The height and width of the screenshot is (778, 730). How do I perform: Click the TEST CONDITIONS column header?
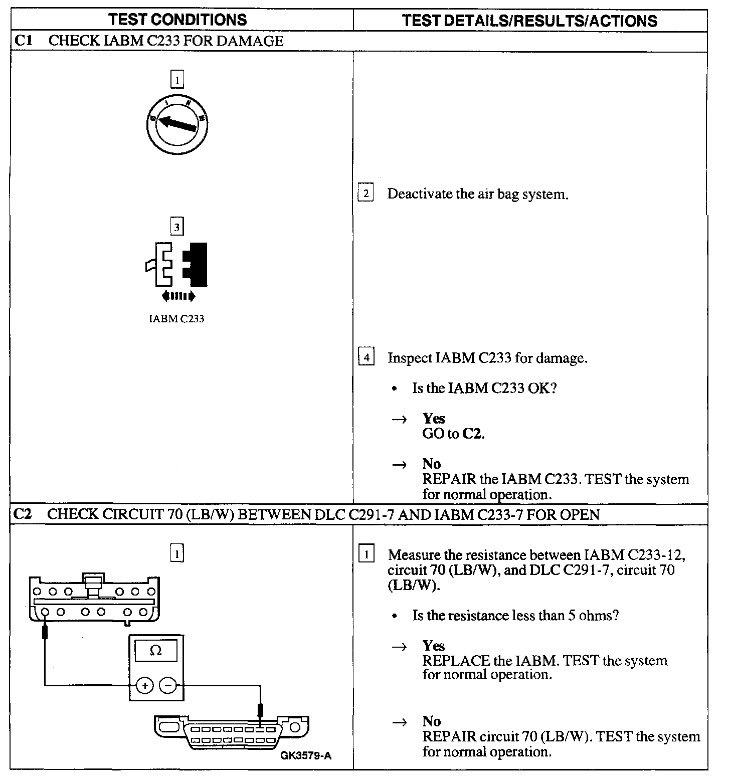178,20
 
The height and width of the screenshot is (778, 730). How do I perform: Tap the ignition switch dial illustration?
177,122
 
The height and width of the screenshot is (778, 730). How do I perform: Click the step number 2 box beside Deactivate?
366,193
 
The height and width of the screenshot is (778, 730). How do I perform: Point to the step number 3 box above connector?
176,227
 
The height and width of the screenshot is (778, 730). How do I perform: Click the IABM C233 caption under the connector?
176,319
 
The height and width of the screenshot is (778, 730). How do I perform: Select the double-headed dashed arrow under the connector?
178,296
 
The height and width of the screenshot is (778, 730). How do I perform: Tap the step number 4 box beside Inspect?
367,357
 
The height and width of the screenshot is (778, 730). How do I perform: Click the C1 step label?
23,41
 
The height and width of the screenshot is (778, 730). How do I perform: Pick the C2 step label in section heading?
23,514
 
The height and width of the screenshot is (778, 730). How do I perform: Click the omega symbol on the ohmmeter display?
156,651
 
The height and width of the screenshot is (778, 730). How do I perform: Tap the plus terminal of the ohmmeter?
144,685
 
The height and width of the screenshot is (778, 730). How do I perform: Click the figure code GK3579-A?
306,756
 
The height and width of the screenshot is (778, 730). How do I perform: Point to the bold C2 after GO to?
472,434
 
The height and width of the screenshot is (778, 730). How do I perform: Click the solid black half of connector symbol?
196,264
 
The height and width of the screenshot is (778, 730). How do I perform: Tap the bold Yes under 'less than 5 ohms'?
434,645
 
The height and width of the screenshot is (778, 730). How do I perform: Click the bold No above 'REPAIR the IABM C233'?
431,464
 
